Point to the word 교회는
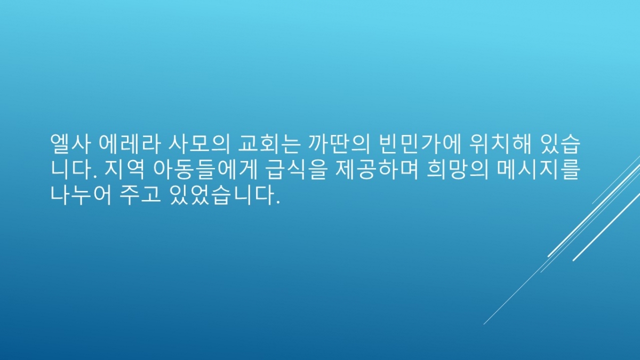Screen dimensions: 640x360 point(269,143)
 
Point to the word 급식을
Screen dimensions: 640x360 point(295,170)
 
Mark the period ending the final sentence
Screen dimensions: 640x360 point(278,202)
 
